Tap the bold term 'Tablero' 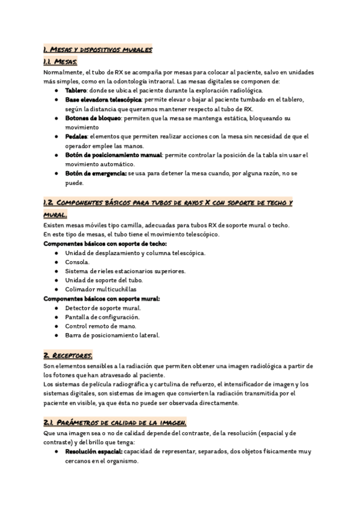point(77,90)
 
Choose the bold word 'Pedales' point(76,137)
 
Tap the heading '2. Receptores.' point(67,355)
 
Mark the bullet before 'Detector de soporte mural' point(56,308)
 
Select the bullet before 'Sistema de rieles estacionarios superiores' point(56,271)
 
